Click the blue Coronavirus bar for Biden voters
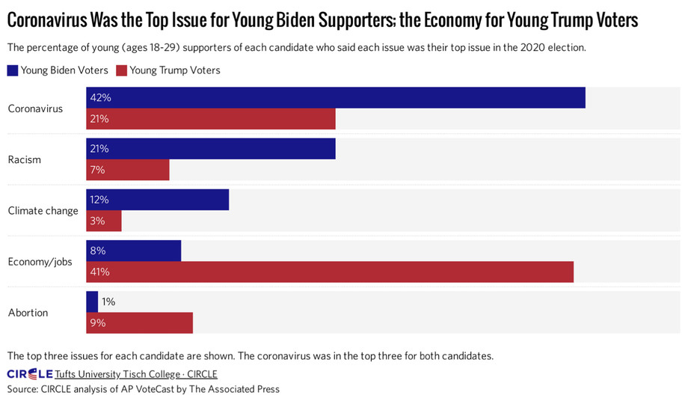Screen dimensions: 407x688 pyautogui.click(x=336, y=98)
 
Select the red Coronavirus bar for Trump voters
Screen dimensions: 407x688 pyautogui.click(x=211, y=119)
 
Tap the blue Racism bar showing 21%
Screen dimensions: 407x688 pyautogui.click(x=211, y=149)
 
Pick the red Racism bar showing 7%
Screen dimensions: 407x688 pyautogui.click(x=128, y=170)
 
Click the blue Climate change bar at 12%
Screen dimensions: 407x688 pyautogui.click(x=158, y=200)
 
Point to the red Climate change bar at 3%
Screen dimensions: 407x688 pyautogui.click(x=104, y=221)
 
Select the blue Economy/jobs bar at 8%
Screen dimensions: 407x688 pyautogui.click(x=134, y=251)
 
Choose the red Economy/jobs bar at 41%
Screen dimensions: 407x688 pyautogui.click(x=330, y=272)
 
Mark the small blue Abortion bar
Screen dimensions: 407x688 pyautogui.click(x=92, y=302)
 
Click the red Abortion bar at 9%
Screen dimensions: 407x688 pyautogui.click(x=140, y=322)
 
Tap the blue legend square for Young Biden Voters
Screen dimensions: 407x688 pyautogui.click(x=13, y=70)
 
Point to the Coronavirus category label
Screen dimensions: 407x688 pyautogui.click(x=35, y=108)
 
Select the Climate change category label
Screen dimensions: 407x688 pyautogui.click(x=43, y=210)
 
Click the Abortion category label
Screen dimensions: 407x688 pyautogui.click(x=28, y=312)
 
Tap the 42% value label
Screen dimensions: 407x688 pyautogui.click(x=99, y=98)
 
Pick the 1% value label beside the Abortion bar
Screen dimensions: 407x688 pyautogui.click(x=108, y=302)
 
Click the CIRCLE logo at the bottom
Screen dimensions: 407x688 pyautogui.click(x=30, y=374)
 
